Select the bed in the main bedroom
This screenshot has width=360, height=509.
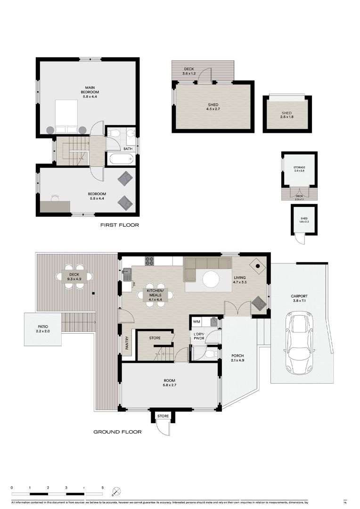point(67,117)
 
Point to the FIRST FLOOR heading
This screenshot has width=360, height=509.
point(120,225)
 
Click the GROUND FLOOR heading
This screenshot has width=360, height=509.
point(117,432)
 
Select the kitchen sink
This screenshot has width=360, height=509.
point(127,272)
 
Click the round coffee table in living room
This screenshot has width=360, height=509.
point(211,279)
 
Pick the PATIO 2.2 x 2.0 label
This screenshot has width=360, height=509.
point(42,328)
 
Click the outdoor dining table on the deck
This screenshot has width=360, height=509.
point(74,277)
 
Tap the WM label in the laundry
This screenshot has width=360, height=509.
point(197,322)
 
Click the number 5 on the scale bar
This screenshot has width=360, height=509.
point(102,488)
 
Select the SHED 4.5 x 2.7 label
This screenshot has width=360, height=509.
point(213,107)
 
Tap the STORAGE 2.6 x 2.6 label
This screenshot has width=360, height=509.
point(299,169)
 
